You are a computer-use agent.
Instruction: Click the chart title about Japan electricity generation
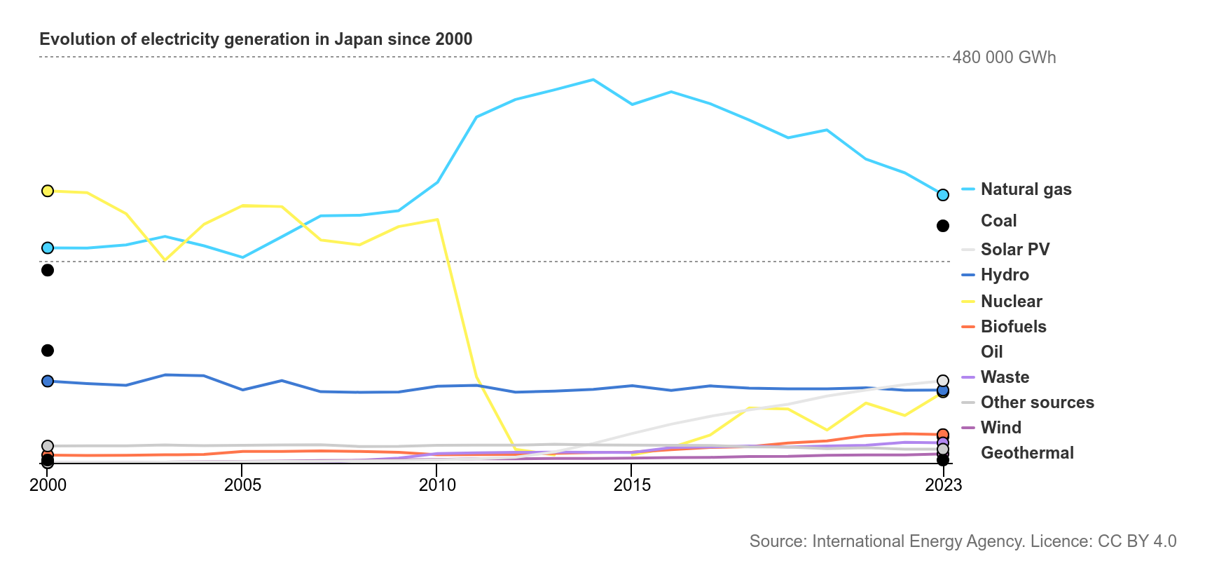pyautogui.click(x=256, y=39)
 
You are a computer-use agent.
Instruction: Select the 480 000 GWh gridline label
pyautogui.click(x=1004, y=58)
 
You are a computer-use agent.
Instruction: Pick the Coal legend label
pyautogui.click(x=998, y=221)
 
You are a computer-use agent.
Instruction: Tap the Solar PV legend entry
pyautogui.click(x=1014, y=250)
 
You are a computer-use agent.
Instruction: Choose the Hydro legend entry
pyautogui.click(x=1005, y=275)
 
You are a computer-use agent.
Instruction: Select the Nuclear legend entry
pyautogui.click(x=1011, y=302)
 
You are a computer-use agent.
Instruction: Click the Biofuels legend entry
pyautogui.click(x=1013, y=327)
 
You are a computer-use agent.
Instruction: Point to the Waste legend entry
pyautogui.click(x=1005, y=377)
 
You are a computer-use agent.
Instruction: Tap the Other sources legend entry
pyautogui.click(x=1037, y=403)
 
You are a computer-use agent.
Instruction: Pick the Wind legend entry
pyautogui.click(x=1000, y=428)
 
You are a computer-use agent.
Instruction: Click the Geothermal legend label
pyautogui.click(x=1027, y=453)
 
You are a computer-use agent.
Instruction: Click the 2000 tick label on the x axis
pyautogui.click(x=48, y=485)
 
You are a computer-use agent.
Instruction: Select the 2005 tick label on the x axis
pyautogui.click(x=242, y=485)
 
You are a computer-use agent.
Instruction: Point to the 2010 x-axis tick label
pyautogui.click(x=437, y=485)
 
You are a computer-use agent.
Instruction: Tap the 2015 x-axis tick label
pyautogui.click(x=632, y=485)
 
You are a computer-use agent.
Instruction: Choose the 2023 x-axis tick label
pyautogui.click(x=943, y=485)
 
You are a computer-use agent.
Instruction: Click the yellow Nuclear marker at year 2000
pyautogui.click(x=48, y=191)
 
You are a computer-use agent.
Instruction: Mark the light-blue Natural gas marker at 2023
pyautogui.click(x=943, y=195)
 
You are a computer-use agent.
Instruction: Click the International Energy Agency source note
pyautogui.click(x=963, y=541)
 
